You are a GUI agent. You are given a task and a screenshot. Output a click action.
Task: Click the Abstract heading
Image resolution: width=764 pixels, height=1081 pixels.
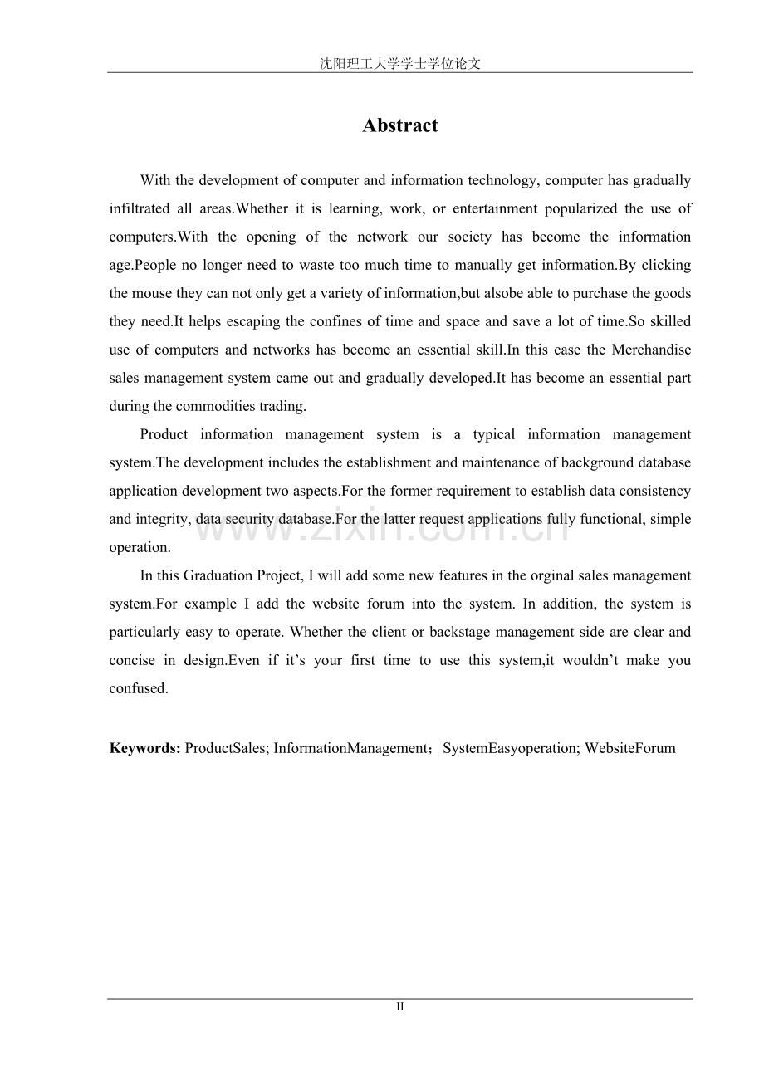point(399,125)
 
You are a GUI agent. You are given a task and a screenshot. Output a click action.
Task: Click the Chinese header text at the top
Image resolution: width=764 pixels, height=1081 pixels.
point(399,63)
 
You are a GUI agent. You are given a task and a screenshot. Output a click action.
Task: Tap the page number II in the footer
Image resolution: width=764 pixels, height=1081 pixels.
point(399,1006)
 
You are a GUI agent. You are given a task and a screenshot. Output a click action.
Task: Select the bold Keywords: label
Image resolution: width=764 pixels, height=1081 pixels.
point(144,748)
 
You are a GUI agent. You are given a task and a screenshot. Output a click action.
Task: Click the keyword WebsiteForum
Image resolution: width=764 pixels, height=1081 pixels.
point(629,748)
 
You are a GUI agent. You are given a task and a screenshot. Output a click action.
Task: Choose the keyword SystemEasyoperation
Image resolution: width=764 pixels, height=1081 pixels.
point(510,748)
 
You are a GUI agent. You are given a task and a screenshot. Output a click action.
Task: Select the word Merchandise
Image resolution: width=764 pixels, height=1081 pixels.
point(651,350)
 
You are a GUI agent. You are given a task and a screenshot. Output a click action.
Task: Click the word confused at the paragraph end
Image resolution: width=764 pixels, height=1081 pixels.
point(138,688)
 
